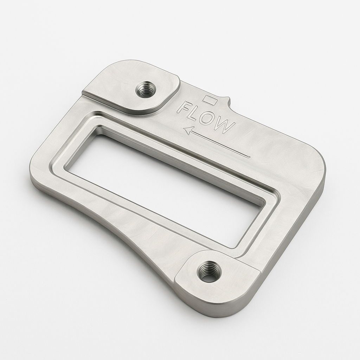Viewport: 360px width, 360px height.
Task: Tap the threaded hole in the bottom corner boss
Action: [209, 271]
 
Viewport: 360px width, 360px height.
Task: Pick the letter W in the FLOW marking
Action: [224, 126]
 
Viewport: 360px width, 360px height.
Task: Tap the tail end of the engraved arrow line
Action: [249, 156]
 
